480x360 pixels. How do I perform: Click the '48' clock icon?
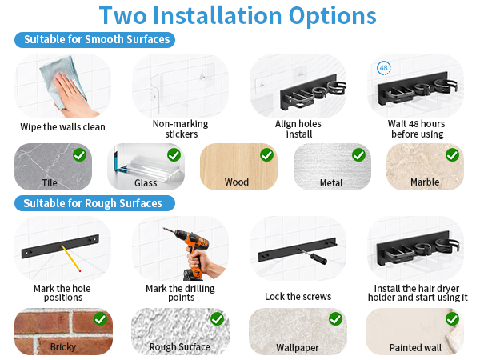pos(384,68)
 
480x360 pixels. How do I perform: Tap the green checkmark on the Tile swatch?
pos(79,154)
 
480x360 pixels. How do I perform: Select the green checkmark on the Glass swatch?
pos(174,154)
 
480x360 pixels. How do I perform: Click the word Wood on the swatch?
pos(237,182)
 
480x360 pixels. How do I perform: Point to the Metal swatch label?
pos(331,183)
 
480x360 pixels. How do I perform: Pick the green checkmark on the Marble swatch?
pos(452,154)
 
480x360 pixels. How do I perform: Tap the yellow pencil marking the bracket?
pos(70,258)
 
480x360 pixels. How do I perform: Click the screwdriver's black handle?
pos(318,258)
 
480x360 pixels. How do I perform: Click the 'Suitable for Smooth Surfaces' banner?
pos(95,40)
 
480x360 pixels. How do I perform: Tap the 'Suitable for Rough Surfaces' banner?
pos(95,203)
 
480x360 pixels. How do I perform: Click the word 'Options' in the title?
pos(333,16)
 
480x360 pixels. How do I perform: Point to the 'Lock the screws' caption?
pos(298,296)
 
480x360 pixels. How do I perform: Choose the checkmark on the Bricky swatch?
pos(101,319)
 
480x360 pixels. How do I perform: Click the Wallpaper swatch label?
pos(298,348)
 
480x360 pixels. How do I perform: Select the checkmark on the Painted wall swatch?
pos(452,319)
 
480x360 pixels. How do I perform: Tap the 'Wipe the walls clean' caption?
pos(62,126)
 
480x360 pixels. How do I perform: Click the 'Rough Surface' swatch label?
pos(180,347)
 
